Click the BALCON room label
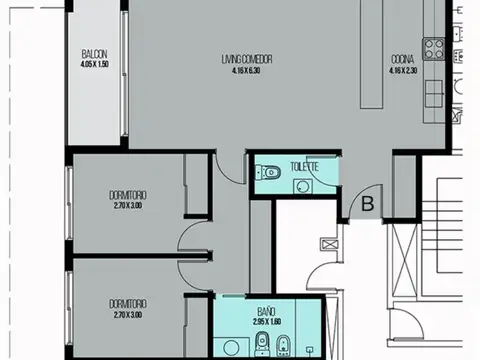(x=95, y=54)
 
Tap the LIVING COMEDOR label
(x=247, y=59)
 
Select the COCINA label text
(x=403, y=59)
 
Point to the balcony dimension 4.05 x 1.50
(x=95, y=64)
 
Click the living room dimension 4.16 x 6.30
(x=247, y=69)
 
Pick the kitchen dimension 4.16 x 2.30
(x=403, y=69)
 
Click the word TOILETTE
(x=305, y=166)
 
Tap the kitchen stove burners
(x=435, y=46)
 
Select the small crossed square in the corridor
(x=329, y=243)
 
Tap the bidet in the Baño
(x=283, y=347)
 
